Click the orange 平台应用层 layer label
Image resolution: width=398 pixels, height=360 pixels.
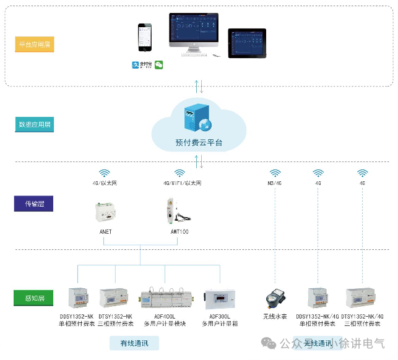tap(35, 45)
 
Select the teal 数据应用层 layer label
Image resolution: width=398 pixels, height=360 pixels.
tap(35, 124)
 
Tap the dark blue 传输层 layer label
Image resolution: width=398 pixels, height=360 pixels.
tap(35, 204)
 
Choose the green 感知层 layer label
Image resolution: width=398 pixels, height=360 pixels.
tap(35, 299)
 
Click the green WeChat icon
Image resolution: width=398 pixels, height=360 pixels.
tap(158, 64)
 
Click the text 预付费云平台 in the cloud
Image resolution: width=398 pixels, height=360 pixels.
tap(199, 142)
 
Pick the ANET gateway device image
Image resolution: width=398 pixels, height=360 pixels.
tap(106, 212)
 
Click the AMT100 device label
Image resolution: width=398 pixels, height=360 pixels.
tap(180, 231)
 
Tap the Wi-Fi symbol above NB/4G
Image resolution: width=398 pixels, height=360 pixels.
tap(275, 173)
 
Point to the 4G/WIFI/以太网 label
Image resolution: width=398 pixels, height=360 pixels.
tap(182, 184)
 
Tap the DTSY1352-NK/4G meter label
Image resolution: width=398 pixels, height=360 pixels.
tap(363, 316)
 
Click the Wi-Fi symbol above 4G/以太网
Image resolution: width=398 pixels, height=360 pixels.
tap(106, 173)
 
